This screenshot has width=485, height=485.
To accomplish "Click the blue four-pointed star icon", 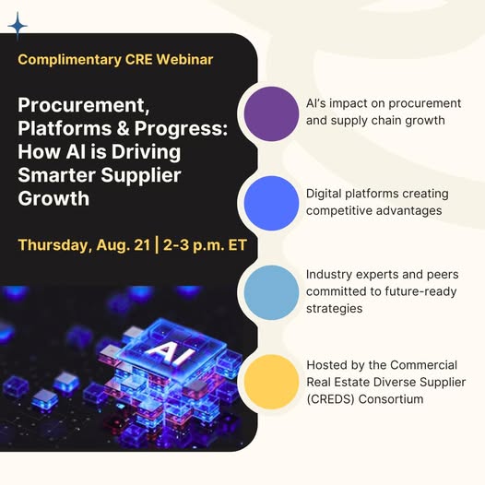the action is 18,27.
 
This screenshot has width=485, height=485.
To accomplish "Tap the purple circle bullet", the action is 271,113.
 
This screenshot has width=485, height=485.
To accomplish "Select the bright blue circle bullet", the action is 271,203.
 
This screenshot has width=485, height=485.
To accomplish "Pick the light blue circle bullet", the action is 271,292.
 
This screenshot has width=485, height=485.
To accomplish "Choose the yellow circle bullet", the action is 271,382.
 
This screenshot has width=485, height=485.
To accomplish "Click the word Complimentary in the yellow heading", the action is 69,60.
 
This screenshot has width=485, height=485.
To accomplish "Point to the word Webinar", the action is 184,59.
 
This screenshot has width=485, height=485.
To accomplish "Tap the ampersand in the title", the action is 124,128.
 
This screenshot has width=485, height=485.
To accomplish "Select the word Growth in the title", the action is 53,198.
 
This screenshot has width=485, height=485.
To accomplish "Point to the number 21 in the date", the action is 142,245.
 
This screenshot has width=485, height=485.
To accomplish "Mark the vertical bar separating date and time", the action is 157,245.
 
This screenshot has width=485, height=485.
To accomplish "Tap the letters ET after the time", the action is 237,245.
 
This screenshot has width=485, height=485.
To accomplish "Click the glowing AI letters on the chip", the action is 170,353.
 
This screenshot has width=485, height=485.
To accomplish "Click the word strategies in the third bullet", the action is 334,309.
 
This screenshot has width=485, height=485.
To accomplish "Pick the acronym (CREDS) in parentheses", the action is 330,399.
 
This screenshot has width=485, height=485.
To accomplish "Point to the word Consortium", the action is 391,398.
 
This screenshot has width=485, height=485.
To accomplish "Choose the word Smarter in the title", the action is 56,175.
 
